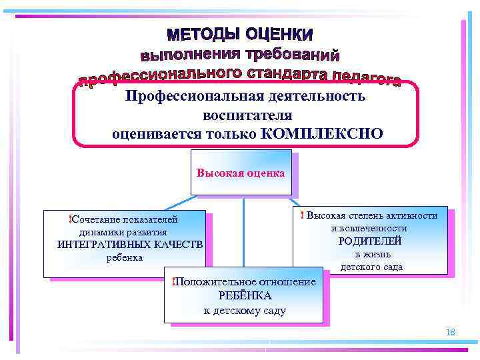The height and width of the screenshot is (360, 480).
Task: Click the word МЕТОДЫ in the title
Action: click(203, 34)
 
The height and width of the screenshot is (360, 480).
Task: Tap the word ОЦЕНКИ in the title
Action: click(278, 34)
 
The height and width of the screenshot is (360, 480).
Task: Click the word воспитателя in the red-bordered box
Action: click(248, 115)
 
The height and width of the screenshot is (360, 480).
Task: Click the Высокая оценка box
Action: click(241, 173)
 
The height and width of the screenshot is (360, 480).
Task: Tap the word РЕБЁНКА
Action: click(245, 296)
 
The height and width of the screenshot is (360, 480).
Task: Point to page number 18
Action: click(450, 331)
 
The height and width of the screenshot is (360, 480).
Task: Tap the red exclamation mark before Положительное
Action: click(173, 281)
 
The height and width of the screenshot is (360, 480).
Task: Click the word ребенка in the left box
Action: click(125, 257)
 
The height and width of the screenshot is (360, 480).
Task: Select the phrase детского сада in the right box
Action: click(371, 267)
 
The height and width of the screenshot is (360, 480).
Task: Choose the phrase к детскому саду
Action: click(244, 310)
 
